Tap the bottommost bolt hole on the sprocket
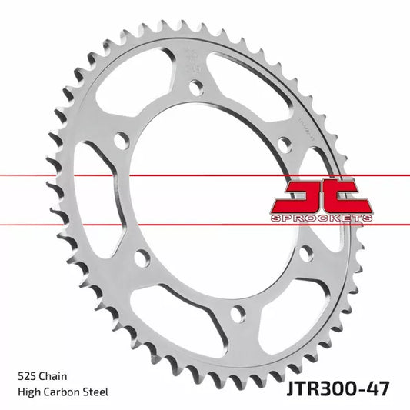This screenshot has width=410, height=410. tap(238, 312)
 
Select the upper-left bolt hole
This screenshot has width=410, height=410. tap(121, 141)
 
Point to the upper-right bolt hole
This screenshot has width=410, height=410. tap(284, 145)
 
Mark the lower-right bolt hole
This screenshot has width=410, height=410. tap(305, 252)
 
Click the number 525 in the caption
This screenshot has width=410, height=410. tap(27, 376)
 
